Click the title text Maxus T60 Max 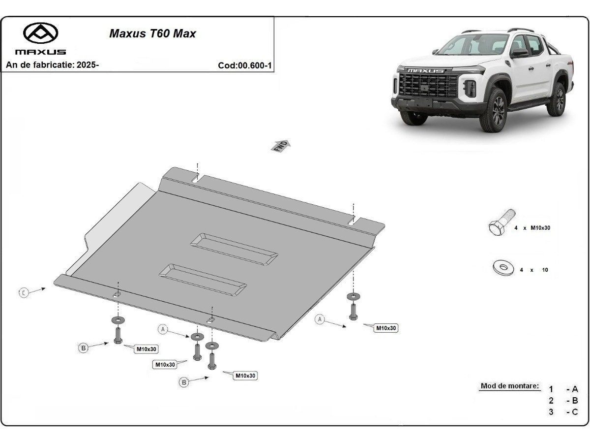coord(152,33)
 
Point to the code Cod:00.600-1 coord(245,65)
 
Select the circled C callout coord(24,292)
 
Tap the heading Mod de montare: coord(509,386)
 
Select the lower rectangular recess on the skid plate coord(203,279)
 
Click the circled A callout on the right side coord(320,319)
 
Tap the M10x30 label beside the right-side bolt coord(386,328)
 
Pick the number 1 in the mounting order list coord(552,389)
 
